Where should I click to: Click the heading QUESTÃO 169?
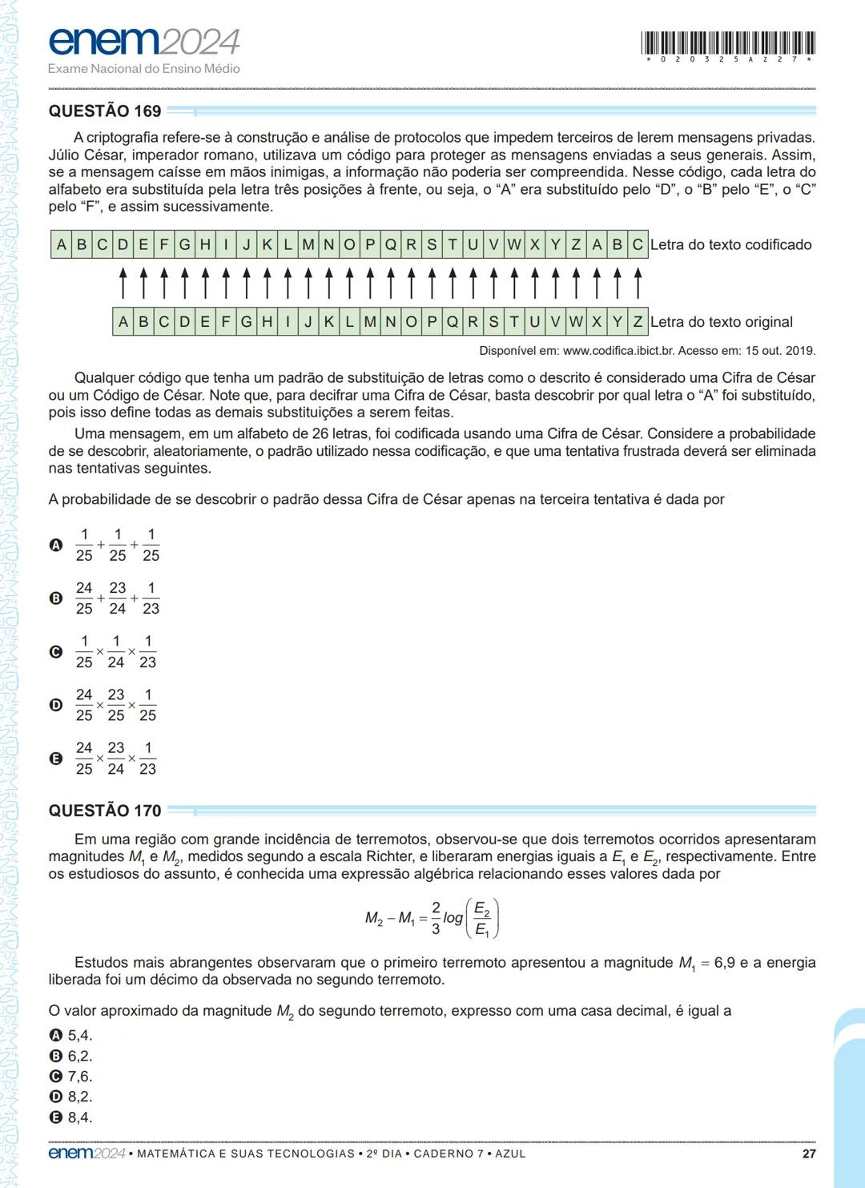[x=105, y=111]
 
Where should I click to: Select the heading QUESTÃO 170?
[x=105, y=811]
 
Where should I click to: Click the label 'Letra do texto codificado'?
[x=730, y=245]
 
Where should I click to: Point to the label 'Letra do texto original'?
[x=721, y=322]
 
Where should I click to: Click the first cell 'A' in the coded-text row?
[x=62, y=245]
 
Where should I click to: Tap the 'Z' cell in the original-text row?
[x=638, y=322]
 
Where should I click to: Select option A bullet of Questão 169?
[x=56, y=546]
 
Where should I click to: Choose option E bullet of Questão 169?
[x=56, y=759]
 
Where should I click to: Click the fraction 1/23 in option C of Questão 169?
[x=147, y=652]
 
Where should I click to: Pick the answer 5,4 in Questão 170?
[x=79, y=1035]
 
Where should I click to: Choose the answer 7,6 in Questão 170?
[x=79, y=1076]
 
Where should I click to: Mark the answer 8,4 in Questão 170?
[x=79, y=1118]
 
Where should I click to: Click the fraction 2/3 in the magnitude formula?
[x=436, y=918]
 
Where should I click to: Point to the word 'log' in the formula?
[x=453, y=918]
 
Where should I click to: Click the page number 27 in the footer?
[x=808, y=1154]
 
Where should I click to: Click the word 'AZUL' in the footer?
[x=510, y=1154]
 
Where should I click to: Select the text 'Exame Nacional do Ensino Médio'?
[x=144, y=69]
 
